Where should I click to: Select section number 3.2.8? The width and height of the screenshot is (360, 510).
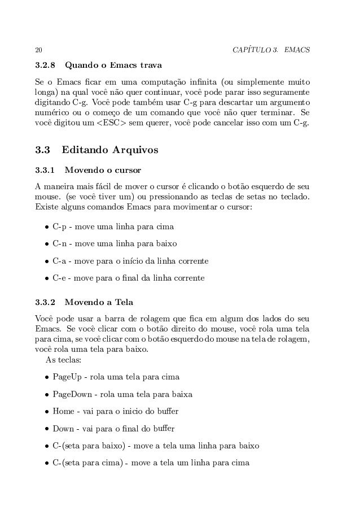coord(45,71)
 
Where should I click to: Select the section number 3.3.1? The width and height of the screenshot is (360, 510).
coord(45,169)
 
